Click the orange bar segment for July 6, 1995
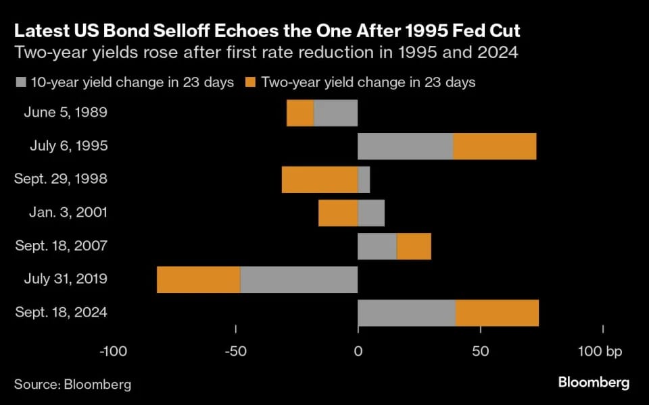point(494,146)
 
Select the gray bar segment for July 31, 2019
point(298,279)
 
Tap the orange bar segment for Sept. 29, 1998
point(319,180)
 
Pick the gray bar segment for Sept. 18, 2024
point(406,313)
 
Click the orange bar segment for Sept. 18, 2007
point(414,246)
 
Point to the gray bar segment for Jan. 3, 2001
point(371,213)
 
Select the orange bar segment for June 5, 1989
point(300,113)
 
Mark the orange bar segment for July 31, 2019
point(198,279)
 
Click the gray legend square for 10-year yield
point(20,83)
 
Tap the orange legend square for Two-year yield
point(250,83)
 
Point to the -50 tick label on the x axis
point(235,351)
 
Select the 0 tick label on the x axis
point(358,351)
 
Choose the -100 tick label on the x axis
point(113,351)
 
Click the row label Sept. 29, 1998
point(61,179)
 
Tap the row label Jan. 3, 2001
point(68,212)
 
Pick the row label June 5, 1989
point(66,112)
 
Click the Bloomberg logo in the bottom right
point(594,383)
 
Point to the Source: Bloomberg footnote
point(73,385)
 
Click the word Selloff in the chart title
point(157,31)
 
